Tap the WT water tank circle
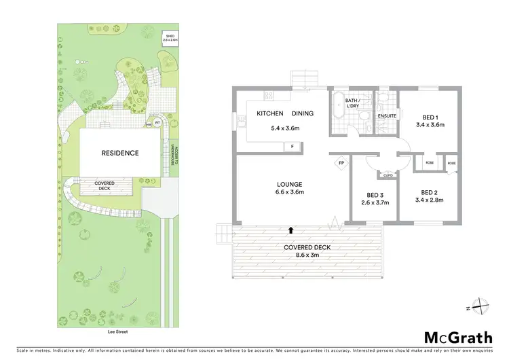tap(157, 122)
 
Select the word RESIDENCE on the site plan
tap(120, 153)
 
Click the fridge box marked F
tap(293, 146)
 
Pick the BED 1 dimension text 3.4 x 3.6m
tap(430, 124)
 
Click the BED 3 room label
tap(374, 194)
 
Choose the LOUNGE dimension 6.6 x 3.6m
tap(289, 192)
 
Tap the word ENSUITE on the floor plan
tap(386, 116)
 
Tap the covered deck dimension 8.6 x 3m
tap(308, 255)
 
